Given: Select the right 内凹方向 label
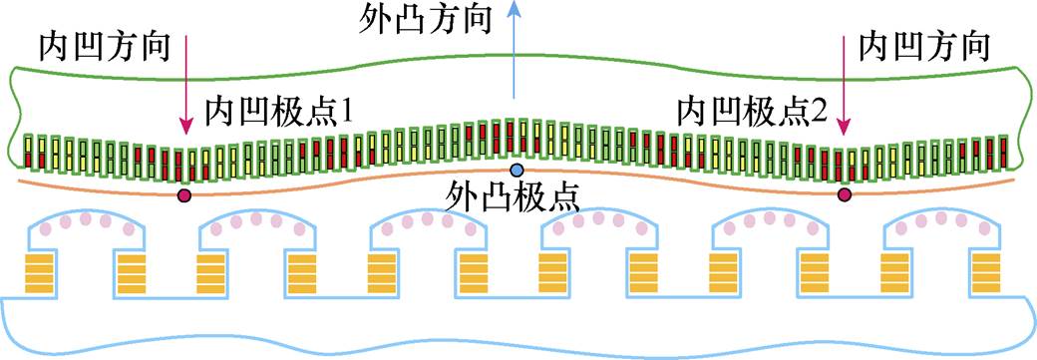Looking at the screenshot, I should click(x=924, y=47).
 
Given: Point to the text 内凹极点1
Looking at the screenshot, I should click(x=279, y=110).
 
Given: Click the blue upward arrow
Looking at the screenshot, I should click(x=514, y=60).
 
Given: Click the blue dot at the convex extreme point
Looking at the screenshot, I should click(x=517, y=170).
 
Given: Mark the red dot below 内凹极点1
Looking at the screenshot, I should click(x=183, y=195).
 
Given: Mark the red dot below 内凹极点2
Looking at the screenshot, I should click(x=845, y=194).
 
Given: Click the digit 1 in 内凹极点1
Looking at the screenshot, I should click(x=348, y=111).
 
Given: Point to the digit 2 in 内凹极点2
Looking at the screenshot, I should click(x=821, y=111).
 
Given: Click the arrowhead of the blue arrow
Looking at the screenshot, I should click(x=514, y=9).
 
